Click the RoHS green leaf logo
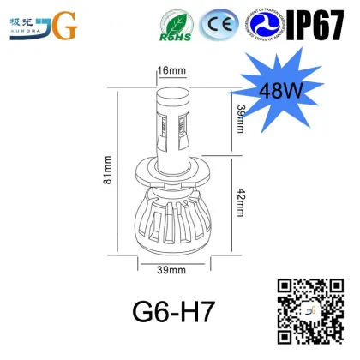[176, 25]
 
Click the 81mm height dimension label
[107, 170]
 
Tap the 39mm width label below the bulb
[171, 272]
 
